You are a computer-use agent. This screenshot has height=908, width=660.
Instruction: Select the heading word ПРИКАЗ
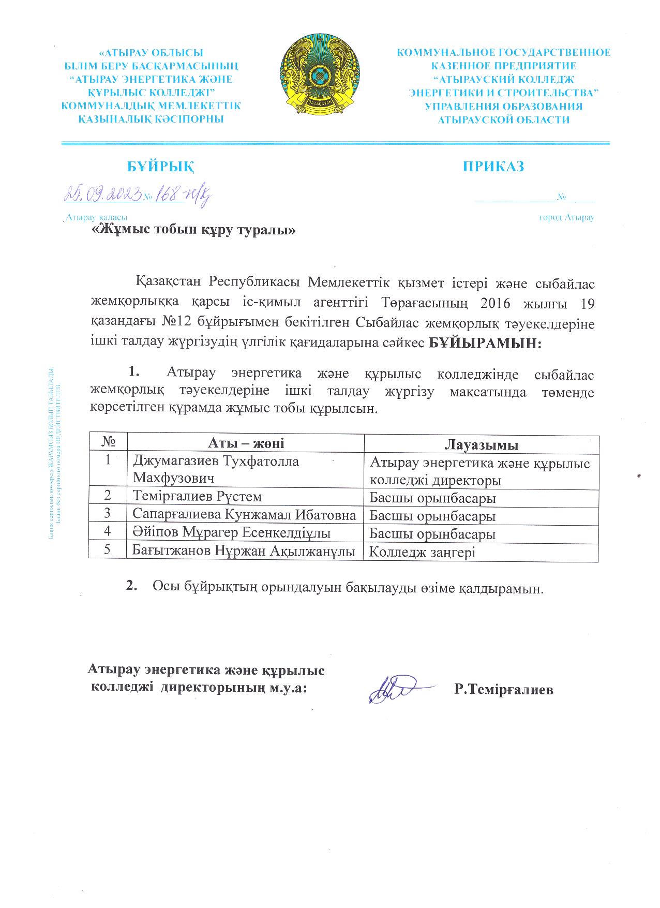[x=493, y=167]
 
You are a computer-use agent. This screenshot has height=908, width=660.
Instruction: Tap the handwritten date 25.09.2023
[x=103, y=195]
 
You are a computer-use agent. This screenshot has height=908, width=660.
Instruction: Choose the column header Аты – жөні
[x=246, y=443]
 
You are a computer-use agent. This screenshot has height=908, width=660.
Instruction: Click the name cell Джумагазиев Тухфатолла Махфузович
[x=216, y=469]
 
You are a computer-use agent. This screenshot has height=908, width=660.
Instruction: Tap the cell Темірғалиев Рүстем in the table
[x=197, y=497]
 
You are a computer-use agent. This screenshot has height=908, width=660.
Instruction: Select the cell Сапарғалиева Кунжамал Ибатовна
[x=244, y=515]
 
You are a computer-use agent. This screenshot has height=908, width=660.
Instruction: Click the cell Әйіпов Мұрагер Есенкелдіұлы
[x=232, y=533]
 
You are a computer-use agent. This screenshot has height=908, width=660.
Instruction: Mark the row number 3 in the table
[x=108, y=514]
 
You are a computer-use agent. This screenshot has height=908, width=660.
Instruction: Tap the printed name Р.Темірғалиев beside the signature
[x=504, y=690]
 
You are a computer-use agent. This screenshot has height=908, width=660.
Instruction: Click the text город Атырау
[x=566, y=217]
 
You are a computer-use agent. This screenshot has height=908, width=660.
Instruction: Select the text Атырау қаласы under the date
[x=96, y=218]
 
